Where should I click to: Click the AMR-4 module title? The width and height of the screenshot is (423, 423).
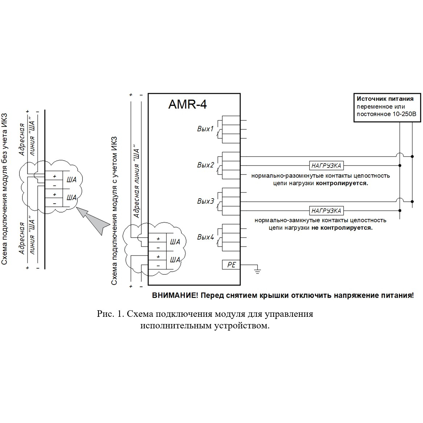[187, 104]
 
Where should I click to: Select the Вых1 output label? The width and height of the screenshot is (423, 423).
[205, 129]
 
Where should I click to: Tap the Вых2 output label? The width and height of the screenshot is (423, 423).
[205, 165]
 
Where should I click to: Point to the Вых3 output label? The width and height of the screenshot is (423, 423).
[205, 201]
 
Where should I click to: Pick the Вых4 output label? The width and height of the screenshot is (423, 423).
[205, 237]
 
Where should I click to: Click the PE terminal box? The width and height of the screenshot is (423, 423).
[231, 265]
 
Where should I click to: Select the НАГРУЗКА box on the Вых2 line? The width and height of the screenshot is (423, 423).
[326, 165]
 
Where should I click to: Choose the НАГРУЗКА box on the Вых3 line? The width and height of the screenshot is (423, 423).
[326, 211]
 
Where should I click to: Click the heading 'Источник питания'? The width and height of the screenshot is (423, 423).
[385, 99]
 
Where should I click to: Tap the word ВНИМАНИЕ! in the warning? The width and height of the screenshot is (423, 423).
[175, 295]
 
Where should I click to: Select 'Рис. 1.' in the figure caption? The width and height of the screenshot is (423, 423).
[110, 314]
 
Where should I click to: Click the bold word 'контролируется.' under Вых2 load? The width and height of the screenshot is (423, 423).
[342, 183]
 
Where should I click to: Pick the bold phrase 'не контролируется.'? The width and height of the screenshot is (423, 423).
[342, 228]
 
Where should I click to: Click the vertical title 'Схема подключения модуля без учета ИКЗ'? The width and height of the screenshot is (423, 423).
[4, 189]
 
